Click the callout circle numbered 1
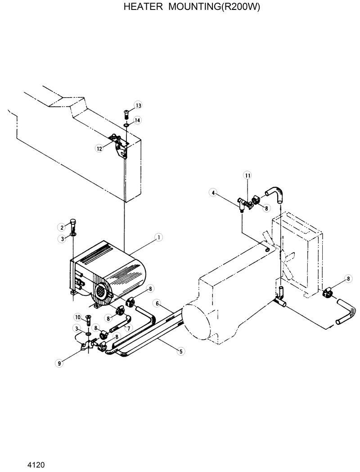[x=159, y=236]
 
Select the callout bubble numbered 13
[x=138, y=105]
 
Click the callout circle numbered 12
[x=99, y=148]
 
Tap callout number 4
[x=212, y=193]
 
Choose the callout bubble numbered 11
[x=247, y=175]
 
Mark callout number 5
[x=180, y=351]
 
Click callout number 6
[x=157, y=303]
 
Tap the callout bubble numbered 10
[x=77, y=317]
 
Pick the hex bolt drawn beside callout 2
[x=73, y=224]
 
